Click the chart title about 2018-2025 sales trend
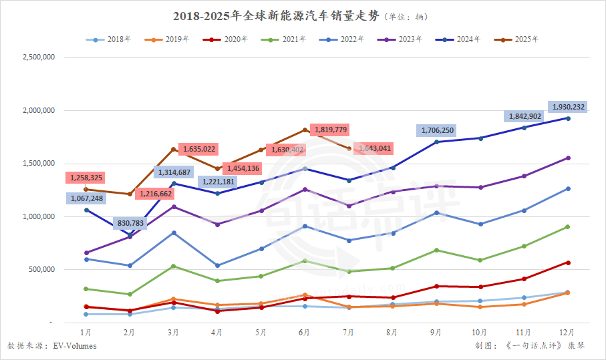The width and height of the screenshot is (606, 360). pos(303,15)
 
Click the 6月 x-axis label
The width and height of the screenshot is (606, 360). pos(305,332)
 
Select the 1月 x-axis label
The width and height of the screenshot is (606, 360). pos(86,332)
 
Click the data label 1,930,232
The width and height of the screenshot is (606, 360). pos(568,107)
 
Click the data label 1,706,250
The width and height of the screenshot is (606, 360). pos(438,130)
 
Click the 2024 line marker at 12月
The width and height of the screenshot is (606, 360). pos(569,118)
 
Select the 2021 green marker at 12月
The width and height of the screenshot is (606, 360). pos(569,227)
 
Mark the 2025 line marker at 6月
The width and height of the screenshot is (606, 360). pos(305,130)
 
